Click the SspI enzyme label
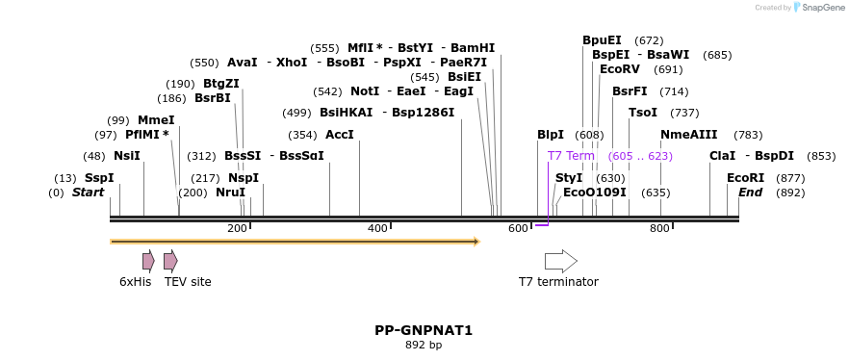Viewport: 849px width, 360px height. (x=98, y=178)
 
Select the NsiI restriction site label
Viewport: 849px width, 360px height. (x=126, y=156)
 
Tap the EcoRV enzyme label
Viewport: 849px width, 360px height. (x=619, y=69)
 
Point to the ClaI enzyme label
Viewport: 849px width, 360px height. (x=722, y=156)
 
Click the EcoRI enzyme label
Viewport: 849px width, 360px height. (x=745, y=178)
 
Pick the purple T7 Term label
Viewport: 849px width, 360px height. (x=571, y=156)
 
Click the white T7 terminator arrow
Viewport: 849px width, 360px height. (x=560, y=261)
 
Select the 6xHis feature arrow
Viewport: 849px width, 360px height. (x=148, y=260)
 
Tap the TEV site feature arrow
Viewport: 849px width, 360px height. (x=170, y=260)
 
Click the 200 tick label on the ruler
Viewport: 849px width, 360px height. (x=237, y=228)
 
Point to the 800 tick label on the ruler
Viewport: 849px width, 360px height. (x=659, y=228)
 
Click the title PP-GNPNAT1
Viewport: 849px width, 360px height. (x=424, y=330)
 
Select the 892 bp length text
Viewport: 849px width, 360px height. (x=424, y=345)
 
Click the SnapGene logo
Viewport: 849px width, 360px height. (x=818, y=8)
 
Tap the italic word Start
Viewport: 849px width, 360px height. (x=88, y=193)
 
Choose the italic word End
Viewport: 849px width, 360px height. (x=750, y=193)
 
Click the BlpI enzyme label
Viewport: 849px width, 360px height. (x=551, y=135)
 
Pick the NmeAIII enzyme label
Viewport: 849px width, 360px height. (x=688, y=135)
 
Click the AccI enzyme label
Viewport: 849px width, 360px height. (x=340, y=135)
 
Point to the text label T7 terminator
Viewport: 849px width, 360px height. (x=558, y=282)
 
